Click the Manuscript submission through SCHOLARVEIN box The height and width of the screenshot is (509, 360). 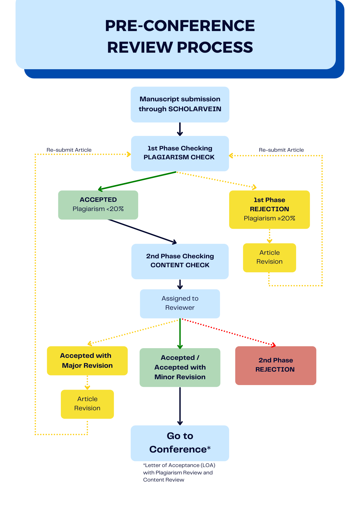(x=180, y=104)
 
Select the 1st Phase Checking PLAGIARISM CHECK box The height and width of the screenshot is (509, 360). (x=180, y=153)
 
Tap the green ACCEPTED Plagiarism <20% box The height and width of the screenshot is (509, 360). (x=98, y=205)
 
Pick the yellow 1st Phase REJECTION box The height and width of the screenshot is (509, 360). (x=269, y=209)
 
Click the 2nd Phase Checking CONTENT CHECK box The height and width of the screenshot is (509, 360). (x=180, y=261)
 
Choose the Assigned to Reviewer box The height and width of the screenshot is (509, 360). (x=180, y=303)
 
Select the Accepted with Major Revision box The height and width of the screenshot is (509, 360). (x=87, y=360)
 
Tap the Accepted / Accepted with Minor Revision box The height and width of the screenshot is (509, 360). (x=180, y=367)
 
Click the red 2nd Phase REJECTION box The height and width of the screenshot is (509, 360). (x=275, y=365)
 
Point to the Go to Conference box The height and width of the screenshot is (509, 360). (x=180, y=443)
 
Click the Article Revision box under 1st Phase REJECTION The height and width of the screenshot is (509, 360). (x=269, y=257)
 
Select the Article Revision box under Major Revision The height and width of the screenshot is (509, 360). (x=87, y=404)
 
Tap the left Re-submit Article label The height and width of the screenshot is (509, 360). (x=69, y=150)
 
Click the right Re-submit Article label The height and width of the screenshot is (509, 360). (x=281, y=150)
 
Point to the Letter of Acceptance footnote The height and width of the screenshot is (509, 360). (x=179, y=472)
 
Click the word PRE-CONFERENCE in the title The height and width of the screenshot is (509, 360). (x=180, y=26)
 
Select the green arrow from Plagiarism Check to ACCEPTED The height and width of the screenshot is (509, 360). (x=137, y=181)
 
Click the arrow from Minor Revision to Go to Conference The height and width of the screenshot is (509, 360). (x=180, y=406)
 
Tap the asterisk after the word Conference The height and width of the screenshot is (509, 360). (x=209, y=447)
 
